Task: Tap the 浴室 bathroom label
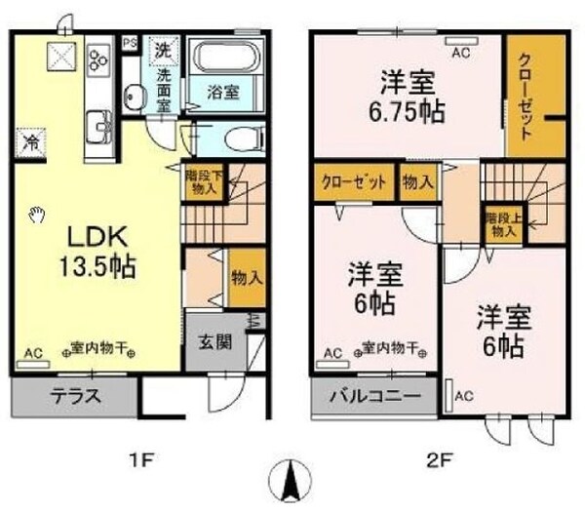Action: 222,93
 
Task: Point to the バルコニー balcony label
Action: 373,397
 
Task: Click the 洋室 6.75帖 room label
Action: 408,96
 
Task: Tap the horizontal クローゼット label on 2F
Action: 353,181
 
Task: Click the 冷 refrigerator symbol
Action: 31,142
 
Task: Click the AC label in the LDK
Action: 33,354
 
